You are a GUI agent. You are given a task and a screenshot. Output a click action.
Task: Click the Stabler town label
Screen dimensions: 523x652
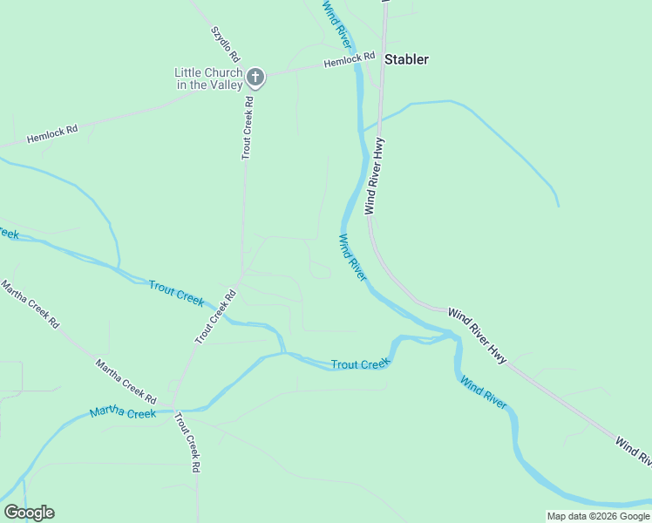(406, 59)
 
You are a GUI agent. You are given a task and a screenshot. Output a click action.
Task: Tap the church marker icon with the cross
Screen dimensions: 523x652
(255, 78)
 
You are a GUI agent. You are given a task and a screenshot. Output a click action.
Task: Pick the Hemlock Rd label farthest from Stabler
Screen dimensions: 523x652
(52, 134)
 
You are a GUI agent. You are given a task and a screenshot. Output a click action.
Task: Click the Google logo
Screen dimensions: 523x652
(29, 513)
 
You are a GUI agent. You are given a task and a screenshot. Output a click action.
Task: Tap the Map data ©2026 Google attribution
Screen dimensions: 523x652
(597, 516)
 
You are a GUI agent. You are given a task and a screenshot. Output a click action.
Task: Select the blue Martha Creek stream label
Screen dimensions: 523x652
(122, 412)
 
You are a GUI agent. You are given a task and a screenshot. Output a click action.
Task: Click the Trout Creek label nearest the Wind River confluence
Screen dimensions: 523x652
(359, 363)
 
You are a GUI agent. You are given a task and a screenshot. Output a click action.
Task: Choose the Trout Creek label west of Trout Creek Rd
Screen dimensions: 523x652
(176, 293)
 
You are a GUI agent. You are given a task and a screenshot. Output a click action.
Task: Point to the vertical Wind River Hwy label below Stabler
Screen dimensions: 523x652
(375, 176)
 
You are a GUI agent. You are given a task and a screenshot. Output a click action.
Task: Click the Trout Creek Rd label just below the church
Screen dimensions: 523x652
(248, 127)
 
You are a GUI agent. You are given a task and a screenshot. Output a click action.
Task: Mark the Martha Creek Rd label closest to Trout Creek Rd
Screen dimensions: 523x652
(126, 376)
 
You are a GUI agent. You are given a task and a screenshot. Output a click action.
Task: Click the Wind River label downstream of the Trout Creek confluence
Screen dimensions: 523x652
(484, 391)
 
